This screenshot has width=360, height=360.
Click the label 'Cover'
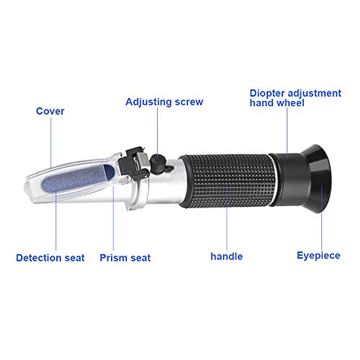pyautogui.click(x=50, y=111)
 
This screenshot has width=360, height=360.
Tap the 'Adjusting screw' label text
pyautogui.click(x=164, y=102)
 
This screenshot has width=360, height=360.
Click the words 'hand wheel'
pyautogui.click(x=277, y=103)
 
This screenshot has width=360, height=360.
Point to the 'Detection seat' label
pyautogui.click(x=50, y=258)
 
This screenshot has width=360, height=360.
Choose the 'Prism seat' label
pyautogui.click(x=125, y=258)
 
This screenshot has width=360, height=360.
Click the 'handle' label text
pyautogui.click(x=226, y=256)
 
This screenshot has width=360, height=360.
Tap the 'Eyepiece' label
pyautogui.click(x=318, y=256)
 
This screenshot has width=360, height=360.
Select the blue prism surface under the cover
pyautogui.click(x=75, y=178)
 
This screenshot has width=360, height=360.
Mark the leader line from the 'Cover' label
pyautogui.click(x=51, y=141)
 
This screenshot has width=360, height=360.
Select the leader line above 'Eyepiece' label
pyautogui.click(x=322, y=222)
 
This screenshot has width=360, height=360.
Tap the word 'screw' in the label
pyautogui.click(x=189, y=102)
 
